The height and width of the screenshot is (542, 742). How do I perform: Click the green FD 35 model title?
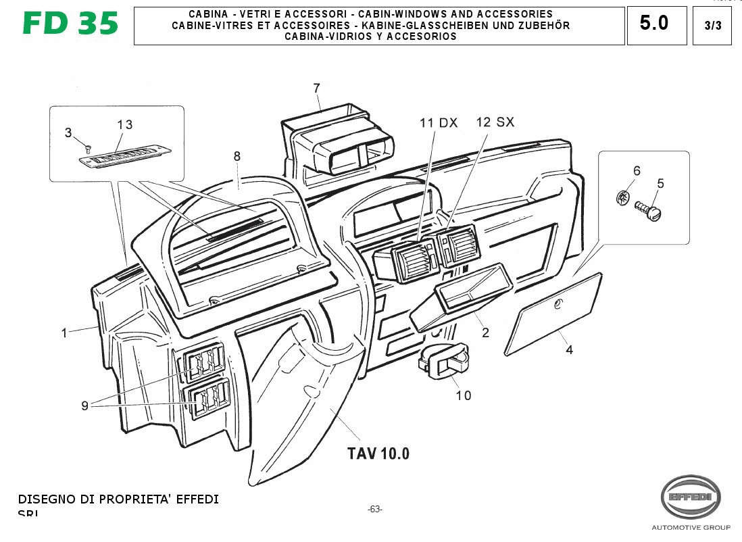(x=70, y=24)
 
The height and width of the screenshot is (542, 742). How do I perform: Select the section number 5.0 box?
(x=655, y=24)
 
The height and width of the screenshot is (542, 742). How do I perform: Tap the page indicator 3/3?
(x=712, y=26)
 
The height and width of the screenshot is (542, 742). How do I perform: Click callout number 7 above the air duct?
(x=316, y=88)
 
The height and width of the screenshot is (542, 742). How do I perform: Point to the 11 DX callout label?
(x=438, y=123)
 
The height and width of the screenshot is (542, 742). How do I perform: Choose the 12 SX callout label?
(x=495, y=122)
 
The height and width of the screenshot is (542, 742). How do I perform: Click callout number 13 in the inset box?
(x=124, y=124)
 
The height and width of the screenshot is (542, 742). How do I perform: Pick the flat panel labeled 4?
(x=553, y=313)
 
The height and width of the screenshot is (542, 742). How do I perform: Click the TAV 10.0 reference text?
(x=378, y=453)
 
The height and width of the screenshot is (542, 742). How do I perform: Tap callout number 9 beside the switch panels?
(x=84, y=405)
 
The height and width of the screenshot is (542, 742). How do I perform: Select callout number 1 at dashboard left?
(x=64, y=332)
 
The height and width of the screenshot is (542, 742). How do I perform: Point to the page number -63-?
(x=374, y=509)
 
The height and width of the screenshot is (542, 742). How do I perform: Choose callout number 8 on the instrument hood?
(x=237, y=157)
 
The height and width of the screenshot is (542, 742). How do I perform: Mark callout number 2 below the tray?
(x=485, y=332)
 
